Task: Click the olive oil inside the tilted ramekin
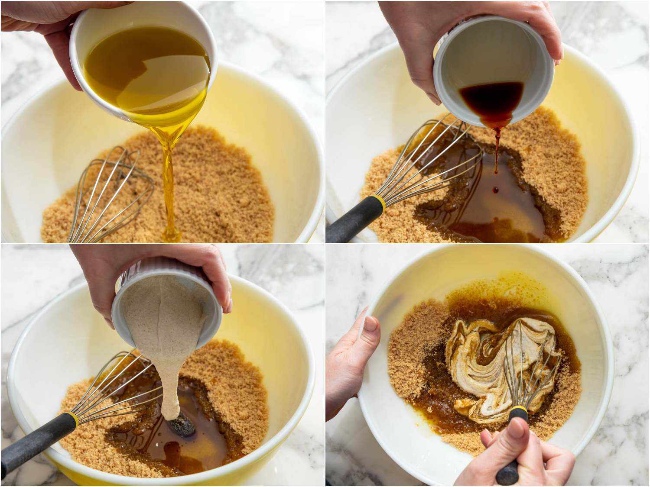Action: (143, 69)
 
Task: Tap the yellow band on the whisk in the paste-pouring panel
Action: (72, 419)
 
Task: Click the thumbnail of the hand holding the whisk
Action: (515, 429)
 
